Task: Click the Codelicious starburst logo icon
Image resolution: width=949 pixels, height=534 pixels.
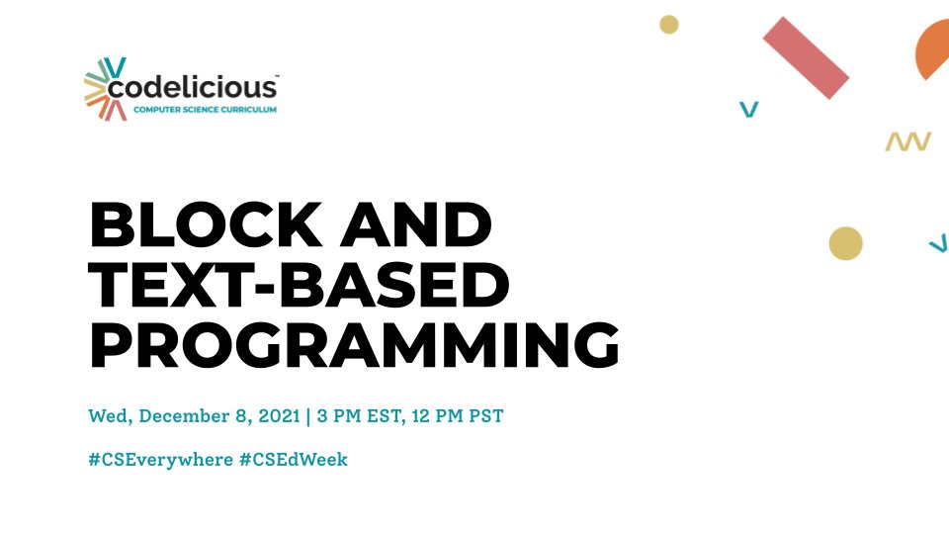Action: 106,90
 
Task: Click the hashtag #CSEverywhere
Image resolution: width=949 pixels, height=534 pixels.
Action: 158,459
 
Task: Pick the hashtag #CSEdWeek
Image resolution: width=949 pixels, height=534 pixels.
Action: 294,459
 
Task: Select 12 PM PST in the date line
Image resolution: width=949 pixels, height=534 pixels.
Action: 458,415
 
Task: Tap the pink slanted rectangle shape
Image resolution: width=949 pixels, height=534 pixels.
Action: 806,57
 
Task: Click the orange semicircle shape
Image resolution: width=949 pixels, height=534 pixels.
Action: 935,51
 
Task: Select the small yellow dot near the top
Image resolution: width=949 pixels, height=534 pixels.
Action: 669,25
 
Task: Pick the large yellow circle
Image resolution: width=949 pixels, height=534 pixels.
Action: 845,243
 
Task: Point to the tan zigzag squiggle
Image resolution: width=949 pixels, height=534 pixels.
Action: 907,142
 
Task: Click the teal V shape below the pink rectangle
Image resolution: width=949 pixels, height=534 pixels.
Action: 749,109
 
